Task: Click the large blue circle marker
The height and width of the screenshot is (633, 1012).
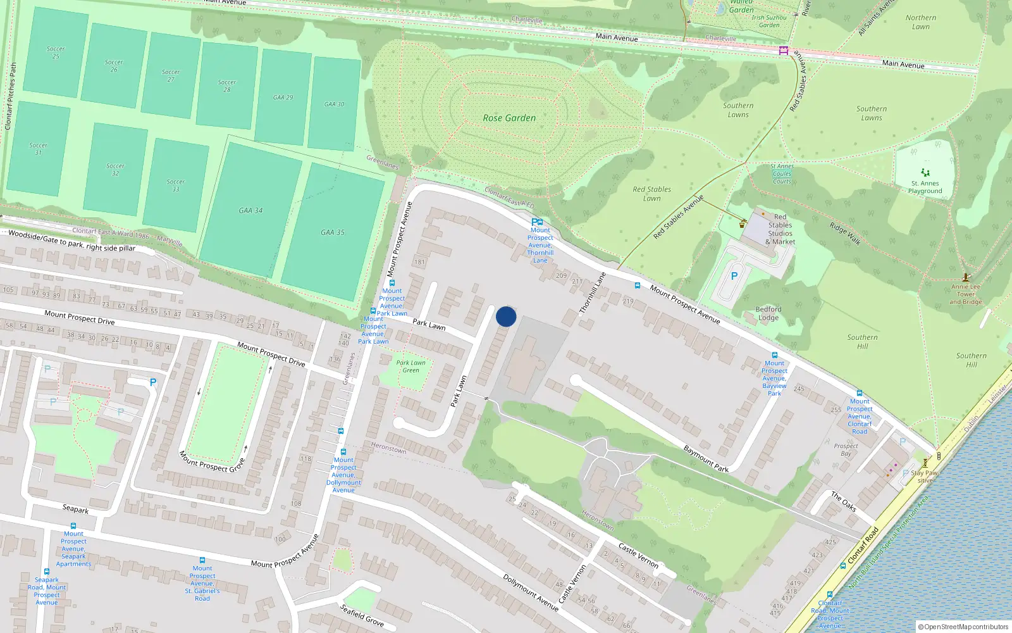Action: click(x=506, y=316)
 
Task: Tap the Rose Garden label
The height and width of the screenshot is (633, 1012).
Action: click(x=509, y=118)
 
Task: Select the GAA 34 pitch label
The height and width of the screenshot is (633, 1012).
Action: click(x=250, y=210)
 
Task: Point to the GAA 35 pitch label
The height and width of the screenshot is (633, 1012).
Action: click(x=333, y=232)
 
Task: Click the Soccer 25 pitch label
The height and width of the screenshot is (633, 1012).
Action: click(x=56, y=53)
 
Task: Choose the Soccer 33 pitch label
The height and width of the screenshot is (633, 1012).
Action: click(x=176, y=185)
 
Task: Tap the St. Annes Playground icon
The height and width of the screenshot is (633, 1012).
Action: click(x=925, y=173)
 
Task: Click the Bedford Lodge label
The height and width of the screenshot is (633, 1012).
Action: click(x=768, y=313)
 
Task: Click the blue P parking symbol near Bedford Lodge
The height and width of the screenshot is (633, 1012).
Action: click(x=734, y=276)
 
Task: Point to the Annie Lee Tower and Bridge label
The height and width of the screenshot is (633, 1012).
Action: click(x=966, y=294)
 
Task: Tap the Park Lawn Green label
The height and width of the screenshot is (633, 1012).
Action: click(x=411, y=367)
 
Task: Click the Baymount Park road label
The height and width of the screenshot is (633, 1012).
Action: click(x=707, y=458)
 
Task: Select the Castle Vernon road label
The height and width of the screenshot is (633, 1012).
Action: click(x=638, y=556)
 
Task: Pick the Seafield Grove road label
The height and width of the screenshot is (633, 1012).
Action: click(x=362, y=615)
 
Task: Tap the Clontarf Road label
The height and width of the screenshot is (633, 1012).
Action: click(x=863, y=545)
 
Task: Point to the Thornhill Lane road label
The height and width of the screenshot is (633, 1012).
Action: click(x=593, y=292)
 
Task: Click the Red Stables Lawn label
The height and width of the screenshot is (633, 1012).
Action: click(x=652, y=194)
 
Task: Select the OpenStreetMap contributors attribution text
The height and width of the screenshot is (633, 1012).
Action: click(x=963, y=627)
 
